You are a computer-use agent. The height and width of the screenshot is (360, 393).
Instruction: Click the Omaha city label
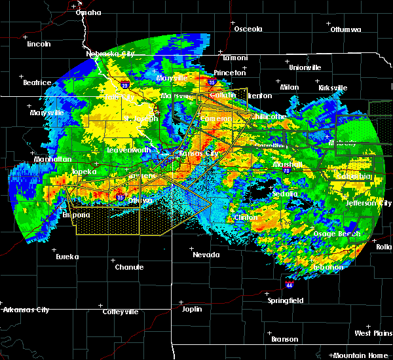tap(88, 12)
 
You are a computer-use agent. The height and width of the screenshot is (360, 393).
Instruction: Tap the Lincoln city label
tap(39, 44)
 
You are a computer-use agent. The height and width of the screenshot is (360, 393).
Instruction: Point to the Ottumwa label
tap(346, 29)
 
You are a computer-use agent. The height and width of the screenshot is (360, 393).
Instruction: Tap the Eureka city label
tap(67, 257)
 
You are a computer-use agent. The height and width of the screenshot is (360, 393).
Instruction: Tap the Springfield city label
tap(286, 300)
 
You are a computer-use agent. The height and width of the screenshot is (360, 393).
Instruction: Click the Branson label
tap(284, 339)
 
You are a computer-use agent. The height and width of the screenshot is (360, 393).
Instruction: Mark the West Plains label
tap(373, 333)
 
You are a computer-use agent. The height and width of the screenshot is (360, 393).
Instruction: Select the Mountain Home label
tap(362, 355)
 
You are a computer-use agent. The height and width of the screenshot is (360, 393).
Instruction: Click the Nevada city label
tap(206, 255)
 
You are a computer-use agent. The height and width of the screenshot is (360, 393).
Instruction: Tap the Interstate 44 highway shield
tap(289, 285)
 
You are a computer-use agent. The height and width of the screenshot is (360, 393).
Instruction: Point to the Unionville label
tap(305, 67)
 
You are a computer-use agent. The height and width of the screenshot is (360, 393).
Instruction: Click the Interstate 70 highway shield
tap(287, 170)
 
